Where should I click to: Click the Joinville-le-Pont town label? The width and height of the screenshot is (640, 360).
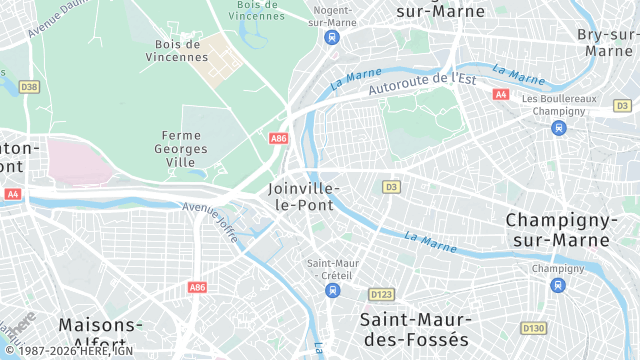[306, 196]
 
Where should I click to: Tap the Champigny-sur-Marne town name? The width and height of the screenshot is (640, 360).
[557, 230]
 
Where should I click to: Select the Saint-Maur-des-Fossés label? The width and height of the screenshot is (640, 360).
[414, 330]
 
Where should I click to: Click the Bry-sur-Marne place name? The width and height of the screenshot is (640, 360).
[608, 42]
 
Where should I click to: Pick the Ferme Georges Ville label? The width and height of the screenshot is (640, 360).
[182, 148]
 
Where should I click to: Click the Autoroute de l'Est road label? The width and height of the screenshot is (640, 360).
[421, 84]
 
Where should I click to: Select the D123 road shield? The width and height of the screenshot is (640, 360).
[380, 295]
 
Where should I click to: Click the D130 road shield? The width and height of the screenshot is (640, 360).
[534, 327]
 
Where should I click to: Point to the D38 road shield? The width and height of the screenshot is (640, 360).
[29, 88]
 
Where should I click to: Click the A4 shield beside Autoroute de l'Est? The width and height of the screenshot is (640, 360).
[501, 94]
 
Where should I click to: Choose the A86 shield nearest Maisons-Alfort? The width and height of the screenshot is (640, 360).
[197, 287]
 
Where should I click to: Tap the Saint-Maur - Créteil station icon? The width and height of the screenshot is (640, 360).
[332, 290]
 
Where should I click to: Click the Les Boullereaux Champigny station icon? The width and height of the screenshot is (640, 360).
[558, 127]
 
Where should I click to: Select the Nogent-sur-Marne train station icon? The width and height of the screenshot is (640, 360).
[332, 37]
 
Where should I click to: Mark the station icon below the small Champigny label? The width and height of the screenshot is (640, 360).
[557, 286]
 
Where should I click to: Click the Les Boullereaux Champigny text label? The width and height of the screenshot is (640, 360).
[558, 105]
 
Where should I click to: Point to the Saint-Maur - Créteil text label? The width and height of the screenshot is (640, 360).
[332, 268]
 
